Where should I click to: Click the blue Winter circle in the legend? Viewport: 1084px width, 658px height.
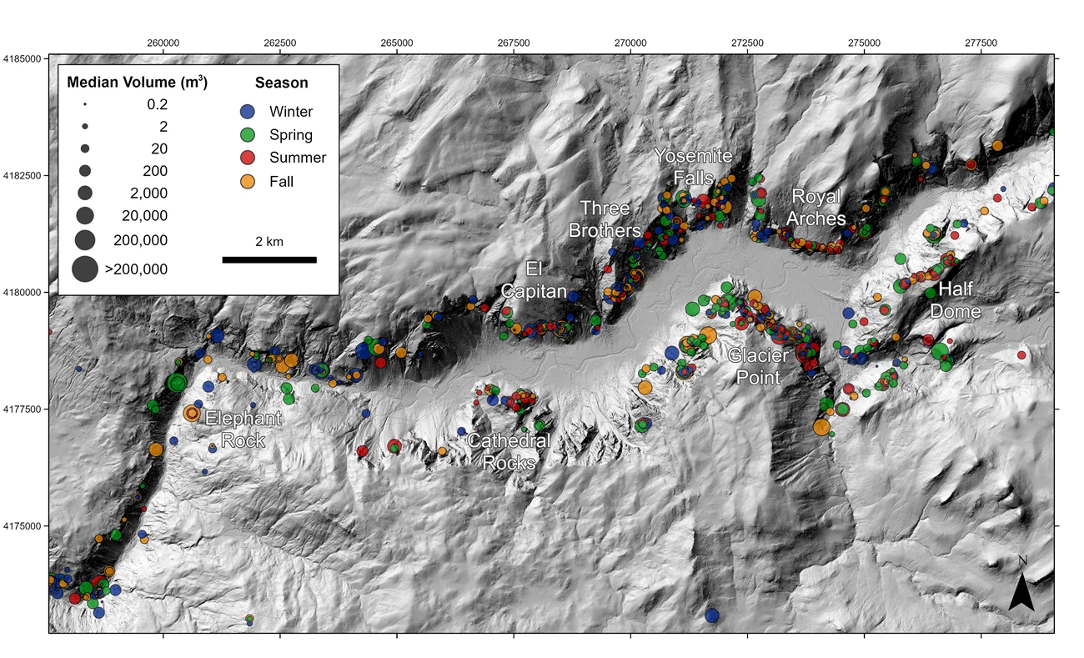coord(247,112)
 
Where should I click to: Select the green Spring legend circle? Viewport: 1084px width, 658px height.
coord(247,134)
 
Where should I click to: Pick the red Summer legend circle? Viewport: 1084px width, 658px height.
coord(247,158)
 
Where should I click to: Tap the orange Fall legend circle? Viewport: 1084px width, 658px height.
coord(247,181)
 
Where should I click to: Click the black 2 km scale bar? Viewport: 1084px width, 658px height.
coord(269,259)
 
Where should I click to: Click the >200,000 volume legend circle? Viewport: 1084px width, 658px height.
coord(85,269)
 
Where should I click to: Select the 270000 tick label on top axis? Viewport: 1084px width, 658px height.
coord(630,43)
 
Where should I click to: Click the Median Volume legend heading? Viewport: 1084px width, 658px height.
coord(137,83)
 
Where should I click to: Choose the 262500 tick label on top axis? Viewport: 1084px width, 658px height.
coord(279,43)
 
